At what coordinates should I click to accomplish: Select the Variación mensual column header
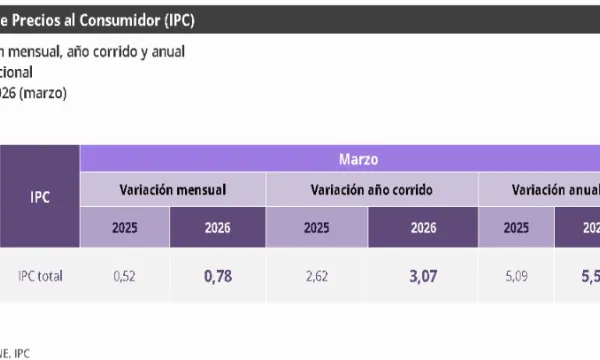172,188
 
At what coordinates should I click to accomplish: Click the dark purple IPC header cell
39,196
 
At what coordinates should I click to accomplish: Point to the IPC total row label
40,276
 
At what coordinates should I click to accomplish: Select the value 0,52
124,276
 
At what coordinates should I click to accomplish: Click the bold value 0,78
216,276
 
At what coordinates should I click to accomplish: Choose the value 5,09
516,276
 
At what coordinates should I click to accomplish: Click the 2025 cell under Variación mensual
124,227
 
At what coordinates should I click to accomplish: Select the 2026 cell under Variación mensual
216,227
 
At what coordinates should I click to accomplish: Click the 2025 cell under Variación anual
516,227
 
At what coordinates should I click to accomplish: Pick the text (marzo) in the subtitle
45,92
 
